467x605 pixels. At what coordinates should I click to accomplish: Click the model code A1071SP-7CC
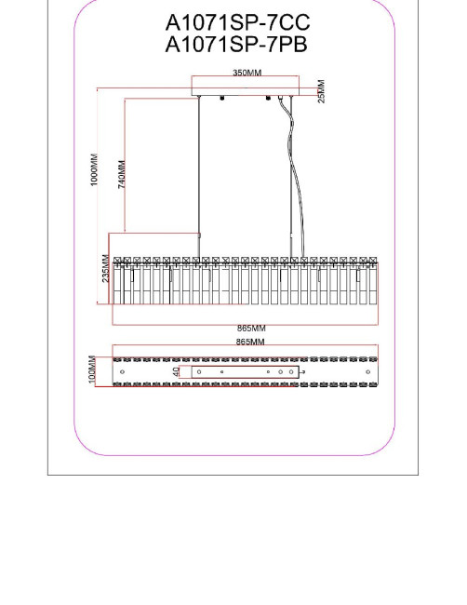click(x=237, y=23)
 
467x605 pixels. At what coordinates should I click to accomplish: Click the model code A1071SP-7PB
click(x=236, y=45)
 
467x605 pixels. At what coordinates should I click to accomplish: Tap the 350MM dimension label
click(x=247, y=73)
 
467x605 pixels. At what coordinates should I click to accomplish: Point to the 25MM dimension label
click(x=321, y=91)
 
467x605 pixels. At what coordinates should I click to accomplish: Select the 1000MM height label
click(x=94, y=169)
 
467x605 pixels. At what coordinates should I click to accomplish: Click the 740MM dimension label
click(x=122, y=174)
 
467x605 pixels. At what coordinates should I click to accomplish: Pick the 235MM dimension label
click(x=106, y=268)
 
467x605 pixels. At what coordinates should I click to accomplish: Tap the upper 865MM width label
click(x=251, y=329)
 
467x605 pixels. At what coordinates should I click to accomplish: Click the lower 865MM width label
click(x=250, y=342)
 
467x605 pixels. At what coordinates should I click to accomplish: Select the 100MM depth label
click(x=92, y=370)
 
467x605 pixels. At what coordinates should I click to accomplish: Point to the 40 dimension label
click(x=176, y=372)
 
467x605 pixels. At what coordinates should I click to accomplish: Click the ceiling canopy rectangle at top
click(x=246, y=86)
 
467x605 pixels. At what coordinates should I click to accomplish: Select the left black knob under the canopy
click(x=221, y=98)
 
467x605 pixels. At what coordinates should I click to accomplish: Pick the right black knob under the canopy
click(x=268, y=98)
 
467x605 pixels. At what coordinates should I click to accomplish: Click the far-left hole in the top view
click(x=122, y=372)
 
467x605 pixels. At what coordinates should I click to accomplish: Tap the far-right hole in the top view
click(x=367, y=372)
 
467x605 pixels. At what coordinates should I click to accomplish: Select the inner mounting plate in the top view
click(x=246, y=372)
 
